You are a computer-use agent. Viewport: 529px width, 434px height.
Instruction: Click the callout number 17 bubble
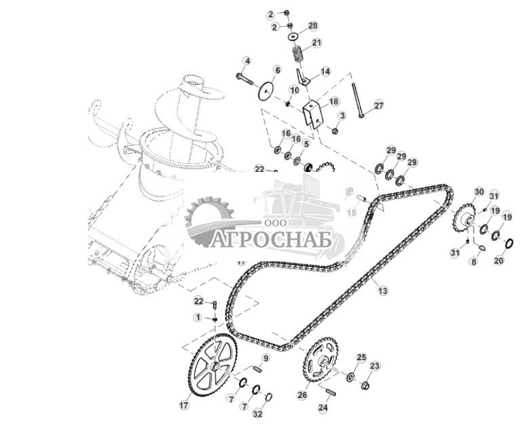[x=184, y=406]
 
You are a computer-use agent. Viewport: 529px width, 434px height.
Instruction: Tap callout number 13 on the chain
[x=383, y=290]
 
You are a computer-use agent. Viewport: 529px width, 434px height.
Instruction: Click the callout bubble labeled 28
[x=312, y=25]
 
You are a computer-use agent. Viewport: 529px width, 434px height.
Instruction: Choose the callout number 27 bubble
[x=379, y=105]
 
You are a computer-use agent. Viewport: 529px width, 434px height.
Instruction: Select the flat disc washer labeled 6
[x=267, y=91]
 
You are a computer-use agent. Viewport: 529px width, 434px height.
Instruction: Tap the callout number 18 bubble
[x=333, y=102]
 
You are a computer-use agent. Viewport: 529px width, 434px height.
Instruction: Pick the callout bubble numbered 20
[x=499, y=261]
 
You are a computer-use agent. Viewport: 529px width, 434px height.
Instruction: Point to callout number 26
[x=302, y=395]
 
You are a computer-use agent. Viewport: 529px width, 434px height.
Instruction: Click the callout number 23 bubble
[x=375, y=366]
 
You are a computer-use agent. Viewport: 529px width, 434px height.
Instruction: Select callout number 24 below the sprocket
[x=323, y=408]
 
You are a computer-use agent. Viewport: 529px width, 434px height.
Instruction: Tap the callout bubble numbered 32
[x=257, y=413]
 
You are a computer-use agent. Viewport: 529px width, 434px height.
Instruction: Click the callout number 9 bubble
[x=266, y=357]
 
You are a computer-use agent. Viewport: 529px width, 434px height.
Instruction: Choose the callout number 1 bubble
[x=198, y=317]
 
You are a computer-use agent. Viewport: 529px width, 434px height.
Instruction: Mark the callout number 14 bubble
[x=326, y=71]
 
